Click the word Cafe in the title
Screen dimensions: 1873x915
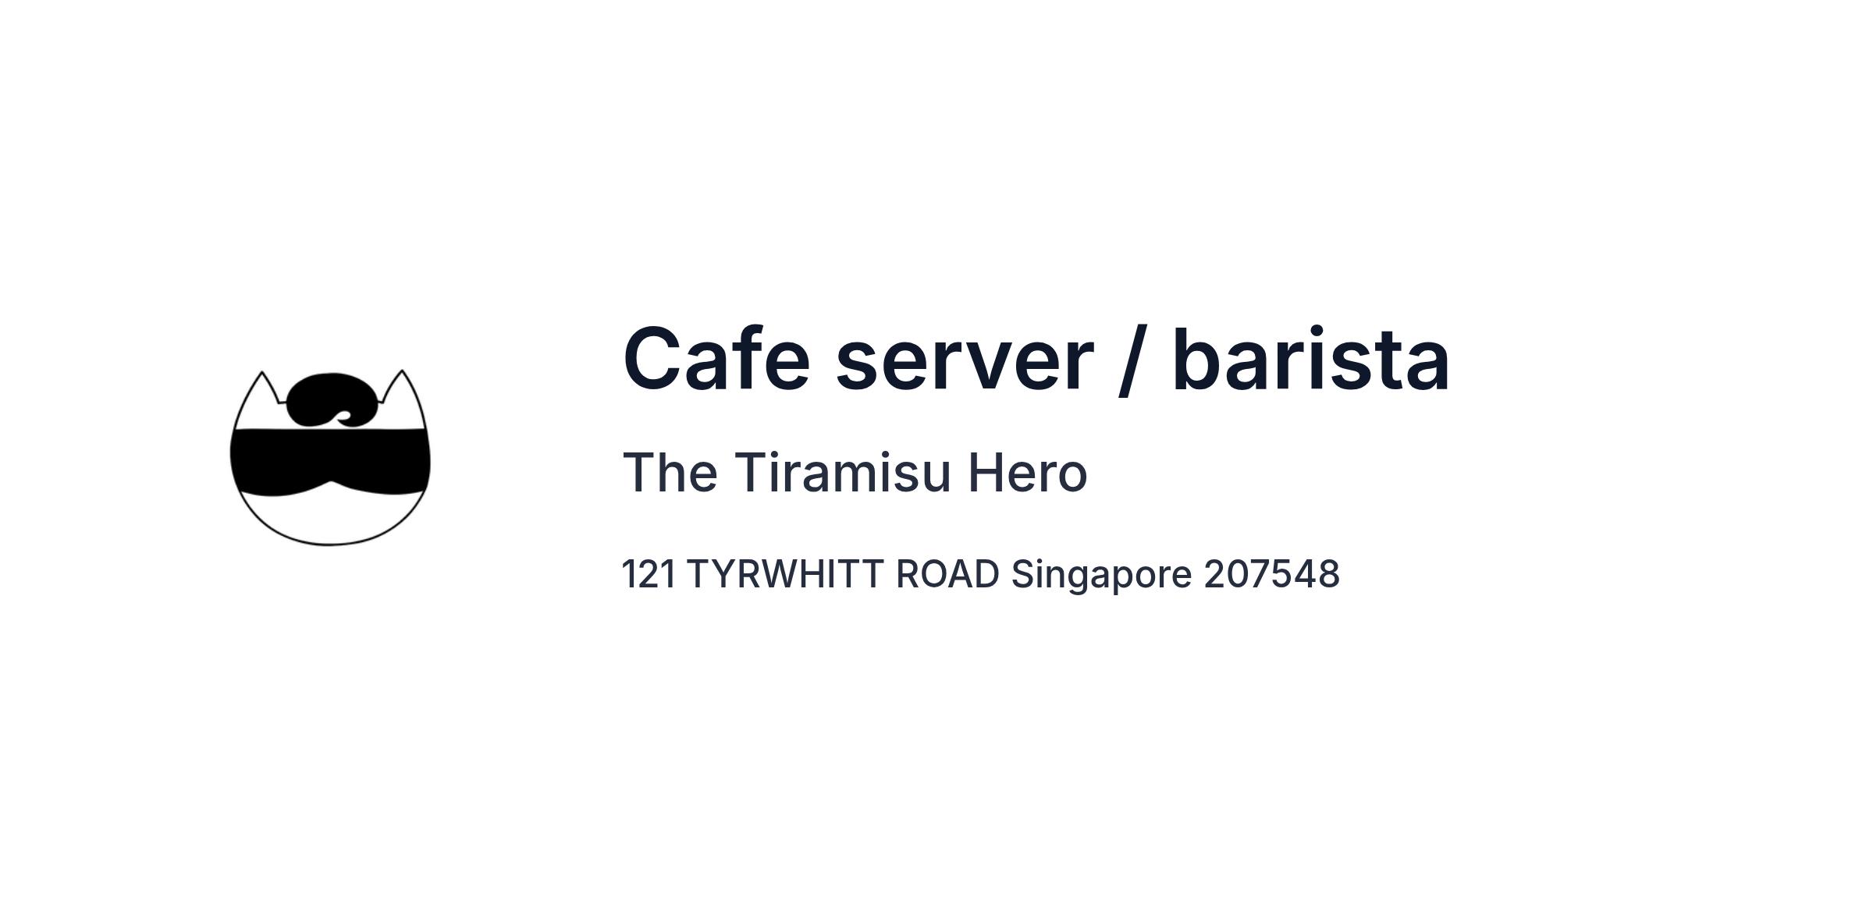click(x=716, y=359)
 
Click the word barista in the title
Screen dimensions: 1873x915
click(x=1311, y=359)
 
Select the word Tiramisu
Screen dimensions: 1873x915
click(x=843, y=473)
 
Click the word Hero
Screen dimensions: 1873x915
click(x=1028, y=473)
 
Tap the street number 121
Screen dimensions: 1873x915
click(x=649, y=574)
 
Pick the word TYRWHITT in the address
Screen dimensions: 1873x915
click(x=786, y=574)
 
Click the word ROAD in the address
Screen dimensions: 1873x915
click(x=947, y=574)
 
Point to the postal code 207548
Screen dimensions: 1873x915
click(x=1271, y=574)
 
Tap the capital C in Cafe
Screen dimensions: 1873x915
click(x=651, y=359)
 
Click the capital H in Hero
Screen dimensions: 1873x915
click(x=986, y=473)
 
